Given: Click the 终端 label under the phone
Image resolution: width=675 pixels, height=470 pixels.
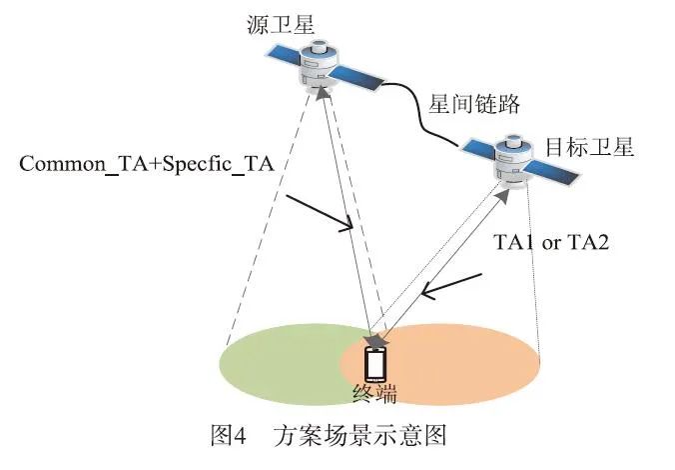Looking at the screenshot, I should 375,394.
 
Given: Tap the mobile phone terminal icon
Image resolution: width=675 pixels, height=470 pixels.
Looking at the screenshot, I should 375,363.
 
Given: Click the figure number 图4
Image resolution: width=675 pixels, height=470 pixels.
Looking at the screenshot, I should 232,436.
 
